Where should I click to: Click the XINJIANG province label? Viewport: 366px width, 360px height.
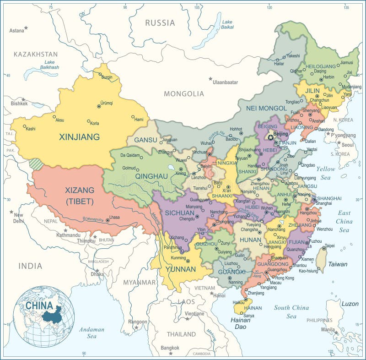coord(79,136)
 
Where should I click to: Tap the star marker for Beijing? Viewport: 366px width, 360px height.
coord(270,137)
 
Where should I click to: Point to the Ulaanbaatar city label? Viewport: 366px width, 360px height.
coord(225,82)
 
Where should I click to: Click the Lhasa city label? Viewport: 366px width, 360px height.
coord(115,217)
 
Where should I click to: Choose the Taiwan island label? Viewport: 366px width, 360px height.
coord(338,264)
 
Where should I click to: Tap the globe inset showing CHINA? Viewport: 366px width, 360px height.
coord(44,316)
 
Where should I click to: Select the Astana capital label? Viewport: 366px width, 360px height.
coord(16,31)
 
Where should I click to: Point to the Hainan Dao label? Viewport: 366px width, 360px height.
coord(240,323)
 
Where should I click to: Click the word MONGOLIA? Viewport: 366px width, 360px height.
coord(184,94)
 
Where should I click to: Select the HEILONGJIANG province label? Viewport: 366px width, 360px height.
coord(321,66)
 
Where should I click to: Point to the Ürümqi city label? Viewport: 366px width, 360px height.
coord(106,103)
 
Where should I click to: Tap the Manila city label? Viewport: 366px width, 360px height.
coord(328,329)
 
